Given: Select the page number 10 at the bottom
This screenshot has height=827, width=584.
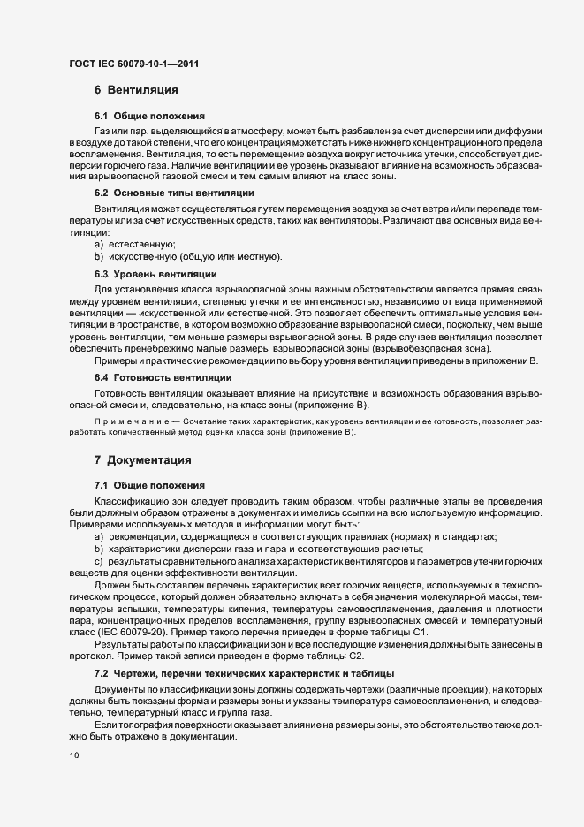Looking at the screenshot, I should [74, 755].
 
